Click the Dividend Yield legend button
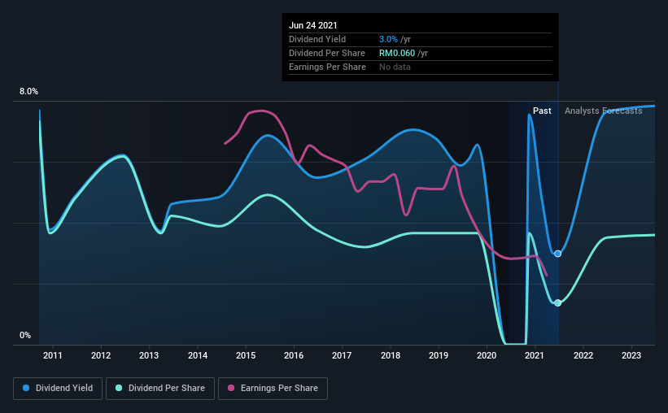(x=58, y=389)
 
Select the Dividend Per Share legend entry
(x=160, y=389)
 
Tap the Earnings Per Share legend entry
(x=273, y=389)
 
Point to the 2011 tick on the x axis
(x=53, y=355)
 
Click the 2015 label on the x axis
(x=246, y=355)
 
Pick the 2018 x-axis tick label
(x=391, y=355)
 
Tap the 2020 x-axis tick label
(x=487, y=355)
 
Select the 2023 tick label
(x=631, y=355)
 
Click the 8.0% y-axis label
(x=28, y=92)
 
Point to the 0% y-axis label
(x=25, y=336)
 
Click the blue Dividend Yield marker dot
(x=557, y=254)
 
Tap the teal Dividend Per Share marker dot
(x=557, y=302)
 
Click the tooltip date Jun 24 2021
(x=313, y=25)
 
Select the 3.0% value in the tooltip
(x=388, y=39)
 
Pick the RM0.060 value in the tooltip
(x=397, y=53)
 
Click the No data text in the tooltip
(x=395, y=67)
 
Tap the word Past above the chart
(x=542, y=111)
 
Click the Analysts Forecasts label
(x=603, y=111)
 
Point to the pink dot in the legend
(x=231, y=388)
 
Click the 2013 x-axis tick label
(x=149, y=355)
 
